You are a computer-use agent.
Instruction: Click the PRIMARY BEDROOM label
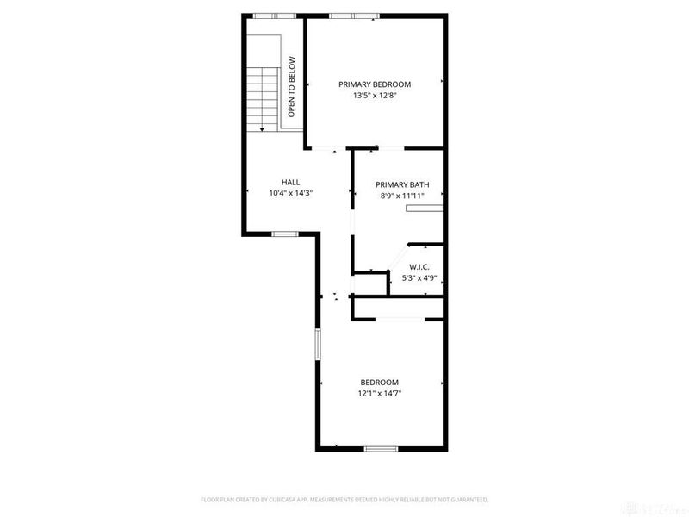point(374,84)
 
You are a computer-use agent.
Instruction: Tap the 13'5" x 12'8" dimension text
point(374,97)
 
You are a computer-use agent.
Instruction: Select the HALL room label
point(290,182)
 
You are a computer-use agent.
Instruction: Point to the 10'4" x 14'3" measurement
point(290,193)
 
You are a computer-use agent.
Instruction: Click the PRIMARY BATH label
point(401,184)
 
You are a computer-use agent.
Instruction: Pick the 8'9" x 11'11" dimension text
point(401,196)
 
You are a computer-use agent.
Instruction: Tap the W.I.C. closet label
point(419,266)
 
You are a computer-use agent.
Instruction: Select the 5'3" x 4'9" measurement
point(419,277)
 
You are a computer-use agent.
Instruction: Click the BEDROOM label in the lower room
point(379,383)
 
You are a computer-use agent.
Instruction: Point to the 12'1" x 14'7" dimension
point(379,394)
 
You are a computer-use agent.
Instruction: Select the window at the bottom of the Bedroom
point(380,448)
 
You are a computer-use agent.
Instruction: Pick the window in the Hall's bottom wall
point(284,234)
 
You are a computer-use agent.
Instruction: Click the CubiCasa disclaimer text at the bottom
point(344,499)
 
